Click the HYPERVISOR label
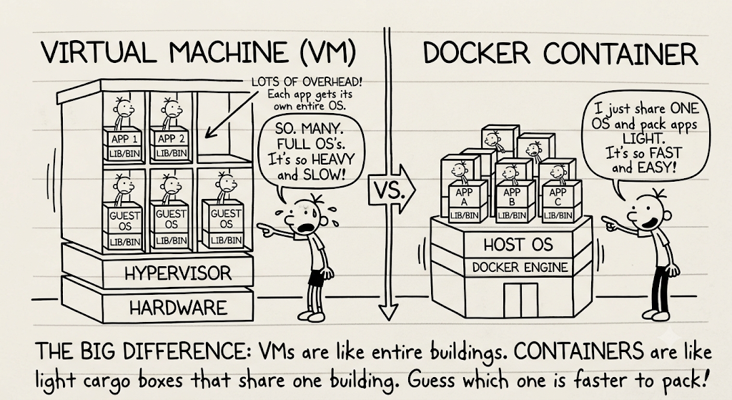tap(178, 273)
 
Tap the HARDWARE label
tap(178, 308)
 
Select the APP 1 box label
tap(124, 140)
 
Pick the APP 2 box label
tap(172, 139)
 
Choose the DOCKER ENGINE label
tap(520, 268)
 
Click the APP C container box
tap(560, 200)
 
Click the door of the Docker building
tap(520, 300)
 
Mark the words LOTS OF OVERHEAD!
tap(306, 82)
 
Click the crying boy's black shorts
tap(317, 278)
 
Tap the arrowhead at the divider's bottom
tap(387, 311)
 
